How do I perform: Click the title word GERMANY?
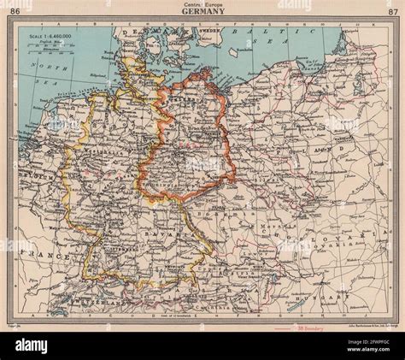point(202,11)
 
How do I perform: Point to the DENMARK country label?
point(139,32)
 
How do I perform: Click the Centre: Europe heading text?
point(202,3)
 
